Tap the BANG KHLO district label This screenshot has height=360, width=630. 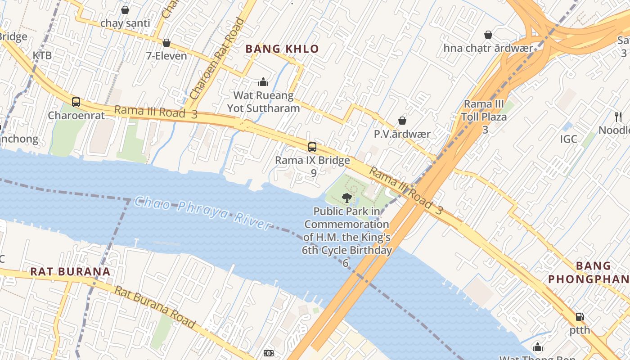282,49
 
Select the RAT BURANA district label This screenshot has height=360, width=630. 70,271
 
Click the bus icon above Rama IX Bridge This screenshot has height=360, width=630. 312,147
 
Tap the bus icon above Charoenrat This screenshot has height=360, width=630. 76,102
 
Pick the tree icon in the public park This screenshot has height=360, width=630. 346,198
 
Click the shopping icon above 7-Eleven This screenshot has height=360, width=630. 166,43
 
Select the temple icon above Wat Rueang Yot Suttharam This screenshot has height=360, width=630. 263,82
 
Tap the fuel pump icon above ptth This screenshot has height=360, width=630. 580,317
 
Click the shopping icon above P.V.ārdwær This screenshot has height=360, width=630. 402,121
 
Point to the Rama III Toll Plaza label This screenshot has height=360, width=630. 484,111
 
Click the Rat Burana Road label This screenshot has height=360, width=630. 155,307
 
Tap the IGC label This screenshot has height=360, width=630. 568,139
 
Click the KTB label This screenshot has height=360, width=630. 42,55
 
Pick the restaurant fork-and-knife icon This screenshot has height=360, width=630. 618,117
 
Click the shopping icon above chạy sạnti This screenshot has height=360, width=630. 125,10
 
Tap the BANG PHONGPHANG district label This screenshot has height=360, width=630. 587,272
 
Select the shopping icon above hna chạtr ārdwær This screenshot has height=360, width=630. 488,35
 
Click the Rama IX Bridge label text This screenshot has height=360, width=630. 312,161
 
